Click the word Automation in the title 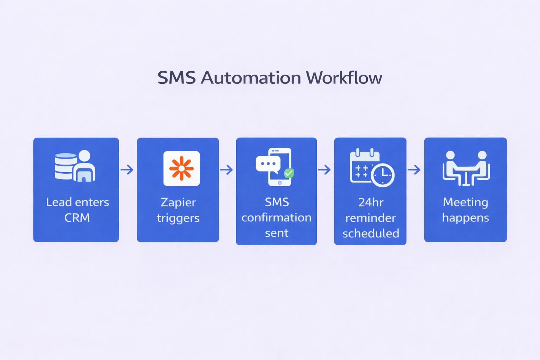[251, 78]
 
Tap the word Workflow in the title [344, 78]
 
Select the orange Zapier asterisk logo [181, 168]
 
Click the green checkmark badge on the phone [289, 173]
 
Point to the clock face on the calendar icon [383, 175]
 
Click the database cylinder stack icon [65, 166]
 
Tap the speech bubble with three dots [268, 164]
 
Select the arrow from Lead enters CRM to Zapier [127, 170]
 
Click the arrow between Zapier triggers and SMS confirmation [227, 170]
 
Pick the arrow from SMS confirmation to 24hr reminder [325, 170]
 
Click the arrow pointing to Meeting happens [414, 170]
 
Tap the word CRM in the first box [77, 218]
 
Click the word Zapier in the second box [178, 202]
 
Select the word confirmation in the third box [276, 218]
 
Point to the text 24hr [371, 202]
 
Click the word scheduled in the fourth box [371, 233]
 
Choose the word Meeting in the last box [465, 202]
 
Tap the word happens [465, 218]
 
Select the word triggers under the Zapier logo [178, 218]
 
